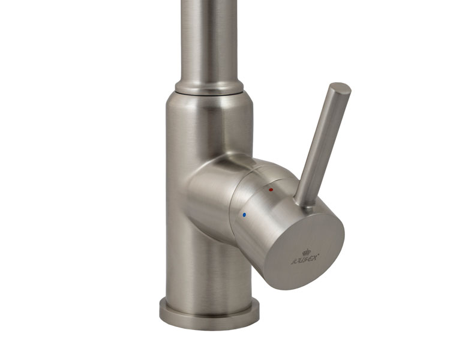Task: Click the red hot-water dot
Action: click(271, 190)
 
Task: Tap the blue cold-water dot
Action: click(244, 214)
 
